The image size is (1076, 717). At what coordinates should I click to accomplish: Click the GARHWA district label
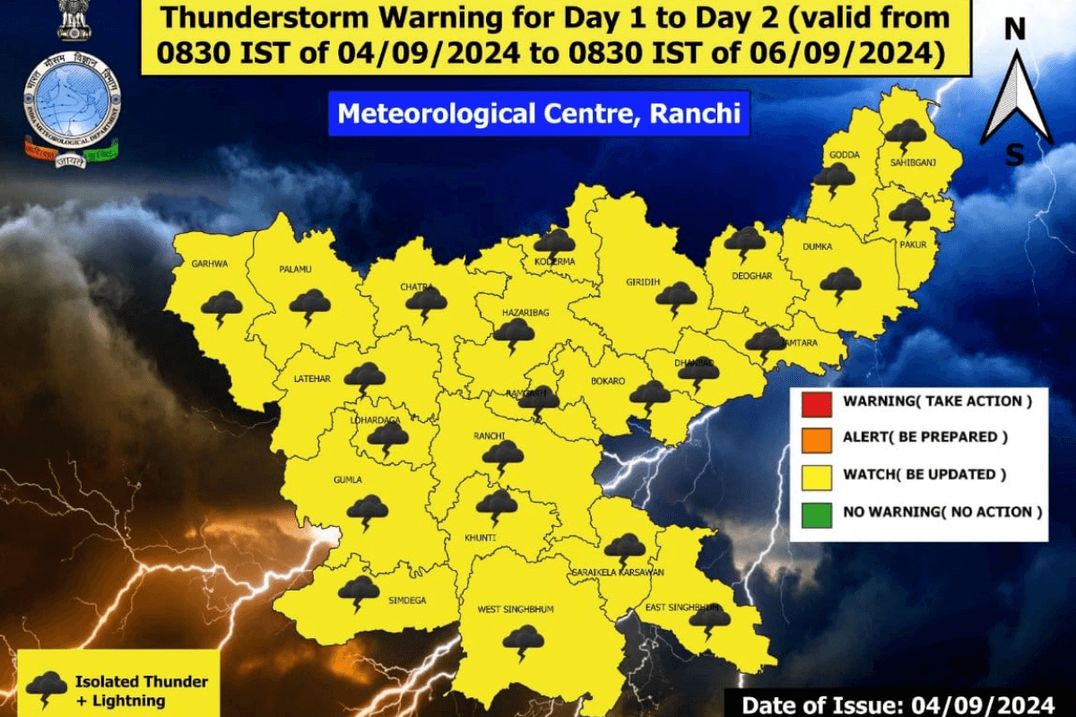point(210,264)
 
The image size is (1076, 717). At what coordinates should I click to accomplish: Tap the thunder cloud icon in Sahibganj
point(906,135)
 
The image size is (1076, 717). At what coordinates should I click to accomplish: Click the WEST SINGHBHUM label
point(515,609)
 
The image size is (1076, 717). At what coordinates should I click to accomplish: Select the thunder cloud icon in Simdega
point(359,592)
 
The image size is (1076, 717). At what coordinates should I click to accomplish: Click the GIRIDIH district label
point(642,282)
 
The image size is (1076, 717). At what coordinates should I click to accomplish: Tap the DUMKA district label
point(819,246)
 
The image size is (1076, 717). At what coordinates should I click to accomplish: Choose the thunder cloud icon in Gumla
point(368,512)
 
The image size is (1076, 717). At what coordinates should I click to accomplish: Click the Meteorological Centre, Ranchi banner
point(538,115)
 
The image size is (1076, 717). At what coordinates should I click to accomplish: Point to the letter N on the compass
point(1014,30)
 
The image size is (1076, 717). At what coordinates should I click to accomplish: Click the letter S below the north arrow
point(1014,155)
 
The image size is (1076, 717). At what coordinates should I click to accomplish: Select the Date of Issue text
point(902,703)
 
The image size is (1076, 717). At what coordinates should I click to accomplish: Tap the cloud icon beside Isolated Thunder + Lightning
point(46,688)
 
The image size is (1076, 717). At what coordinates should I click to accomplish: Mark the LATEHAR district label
point(312,379)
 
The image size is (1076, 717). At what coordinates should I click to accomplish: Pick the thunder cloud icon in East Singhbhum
point(709,618)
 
